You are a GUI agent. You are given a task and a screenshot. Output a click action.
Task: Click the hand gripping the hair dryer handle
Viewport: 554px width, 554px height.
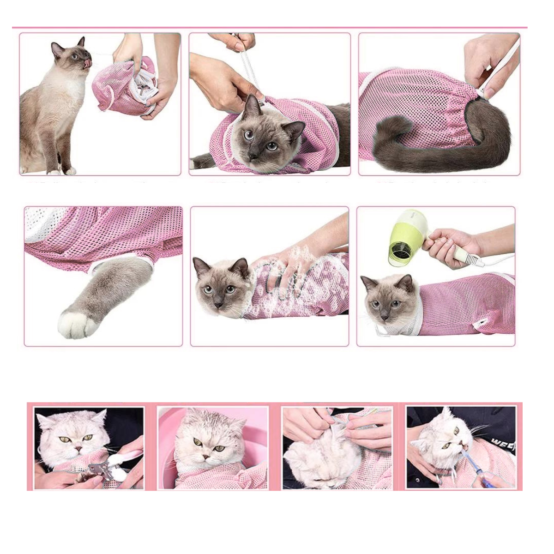point(446,245)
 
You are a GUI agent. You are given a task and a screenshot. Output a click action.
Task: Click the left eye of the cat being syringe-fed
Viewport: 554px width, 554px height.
point(446,446)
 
